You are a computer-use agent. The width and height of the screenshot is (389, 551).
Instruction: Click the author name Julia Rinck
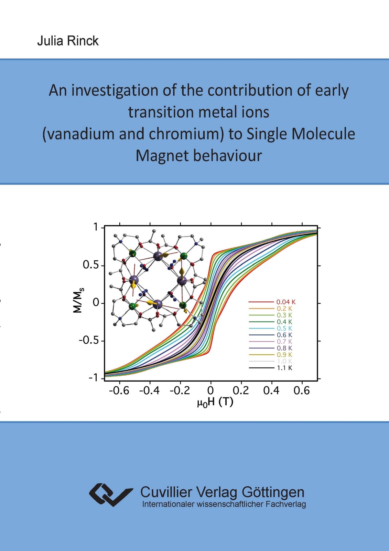68,41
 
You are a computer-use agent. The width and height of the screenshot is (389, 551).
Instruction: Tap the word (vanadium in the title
79,135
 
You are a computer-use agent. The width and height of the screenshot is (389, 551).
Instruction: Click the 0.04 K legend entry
272,302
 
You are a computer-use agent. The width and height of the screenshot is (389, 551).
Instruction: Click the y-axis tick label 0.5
91,266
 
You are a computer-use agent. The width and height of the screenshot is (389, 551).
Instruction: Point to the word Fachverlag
286,504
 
